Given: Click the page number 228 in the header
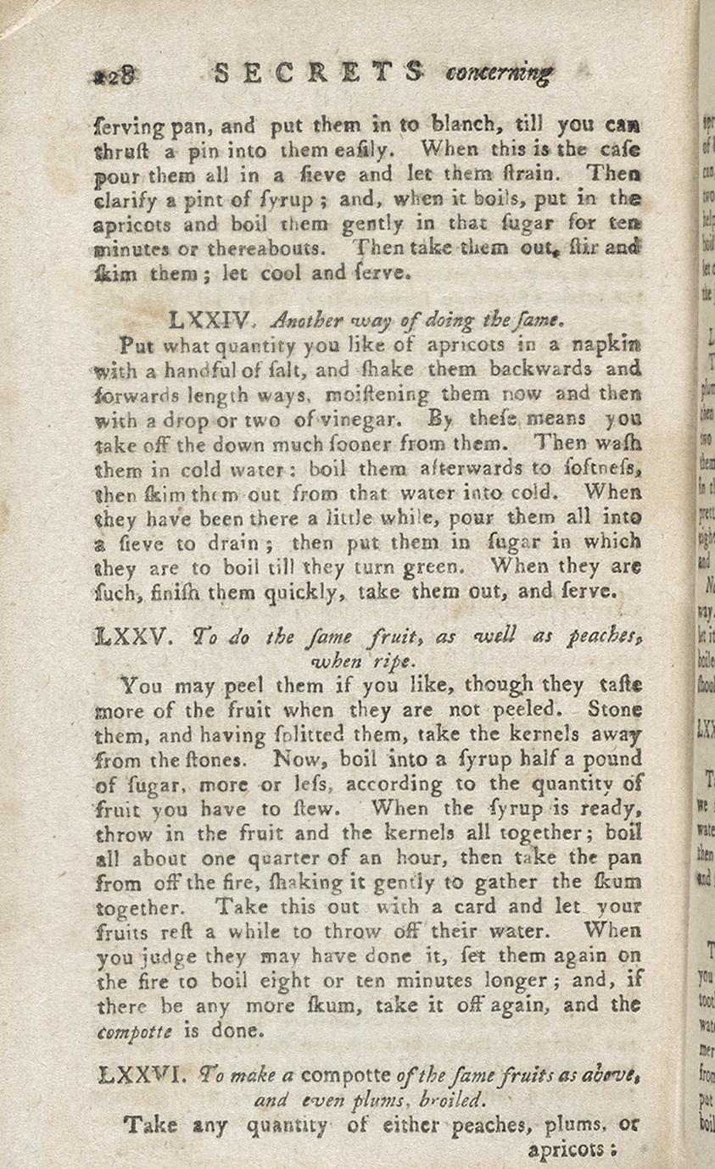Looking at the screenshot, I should [x=113, y=75].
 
